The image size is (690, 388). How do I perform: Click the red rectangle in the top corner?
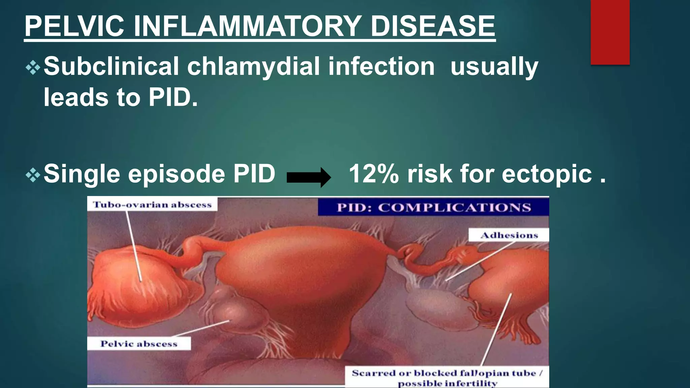click(610, 32)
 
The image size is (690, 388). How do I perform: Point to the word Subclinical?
click(111, 66)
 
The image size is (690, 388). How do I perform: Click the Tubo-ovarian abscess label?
click(152, 205)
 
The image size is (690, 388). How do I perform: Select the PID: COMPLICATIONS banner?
click(434, 207)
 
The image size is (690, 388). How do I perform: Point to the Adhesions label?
click(509, 235)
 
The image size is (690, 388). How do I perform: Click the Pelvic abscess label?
click(139, 344)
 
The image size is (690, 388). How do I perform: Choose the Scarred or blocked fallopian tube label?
click(447, 377)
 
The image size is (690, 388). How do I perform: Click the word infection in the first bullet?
click(381, 66)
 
